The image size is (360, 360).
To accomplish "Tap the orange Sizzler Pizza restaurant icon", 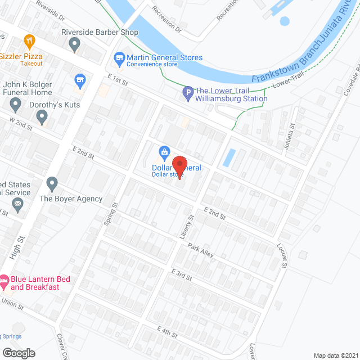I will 30,40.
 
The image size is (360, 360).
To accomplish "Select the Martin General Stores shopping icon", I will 119,57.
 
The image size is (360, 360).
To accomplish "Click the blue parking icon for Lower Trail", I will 188,91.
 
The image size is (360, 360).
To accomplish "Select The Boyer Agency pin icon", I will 52,183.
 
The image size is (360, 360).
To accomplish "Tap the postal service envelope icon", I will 17,204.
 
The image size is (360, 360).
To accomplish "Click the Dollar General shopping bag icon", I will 164,151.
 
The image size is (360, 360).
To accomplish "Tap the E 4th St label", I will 168,331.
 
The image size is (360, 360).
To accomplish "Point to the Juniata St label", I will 291,134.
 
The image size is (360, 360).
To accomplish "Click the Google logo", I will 18,353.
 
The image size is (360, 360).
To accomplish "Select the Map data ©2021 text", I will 335,355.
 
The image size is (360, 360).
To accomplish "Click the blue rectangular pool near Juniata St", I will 229,157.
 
